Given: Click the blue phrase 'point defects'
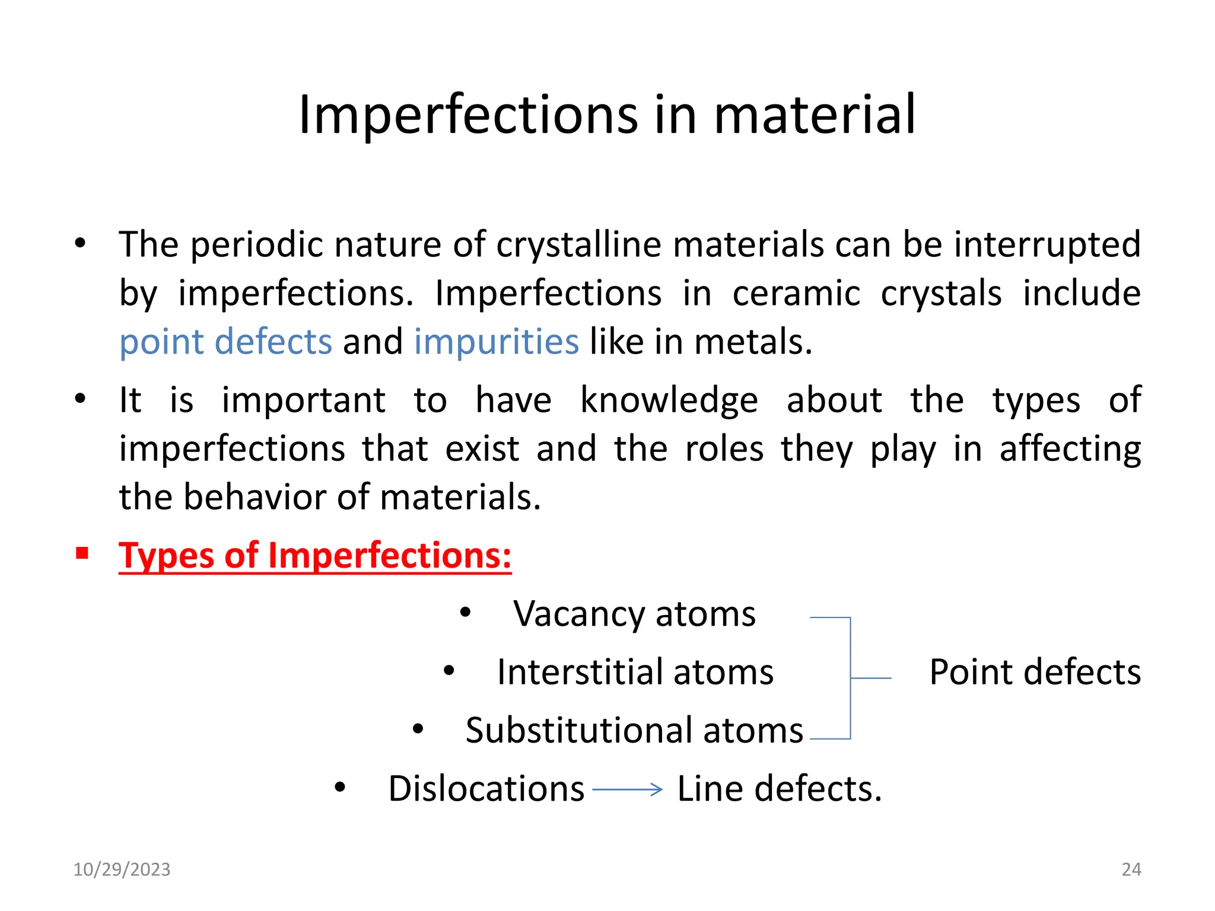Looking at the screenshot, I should point(225,342).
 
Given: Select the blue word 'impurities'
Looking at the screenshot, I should point(496,342).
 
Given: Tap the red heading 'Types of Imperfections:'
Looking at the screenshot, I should point(315,556).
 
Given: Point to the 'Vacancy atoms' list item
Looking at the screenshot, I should point(634,614).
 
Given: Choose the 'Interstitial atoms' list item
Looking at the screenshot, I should point(635,672).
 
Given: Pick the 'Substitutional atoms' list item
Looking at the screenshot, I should point(634,730).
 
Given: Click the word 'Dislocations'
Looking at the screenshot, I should point(486,789).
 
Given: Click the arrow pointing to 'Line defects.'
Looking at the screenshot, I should point(627,789).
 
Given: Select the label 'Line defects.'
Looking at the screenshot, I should point(780,789).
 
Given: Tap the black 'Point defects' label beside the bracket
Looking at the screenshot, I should point(1035,672).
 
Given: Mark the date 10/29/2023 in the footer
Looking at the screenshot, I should point(122,869).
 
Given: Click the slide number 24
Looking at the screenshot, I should point(1131,869).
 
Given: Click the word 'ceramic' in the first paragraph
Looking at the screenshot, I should point(796,294).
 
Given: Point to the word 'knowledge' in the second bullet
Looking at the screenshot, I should point(669,400).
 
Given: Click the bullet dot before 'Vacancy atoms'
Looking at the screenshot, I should point(465,613).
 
